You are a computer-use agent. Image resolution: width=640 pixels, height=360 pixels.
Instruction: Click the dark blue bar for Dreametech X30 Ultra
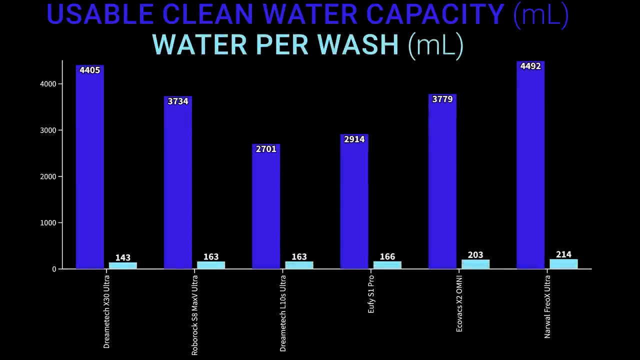coord(90,170)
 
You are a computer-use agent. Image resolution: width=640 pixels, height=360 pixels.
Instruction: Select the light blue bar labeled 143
coord(123,265)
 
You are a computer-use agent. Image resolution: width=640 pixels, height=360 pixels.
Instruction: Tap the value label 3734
coord(178,101)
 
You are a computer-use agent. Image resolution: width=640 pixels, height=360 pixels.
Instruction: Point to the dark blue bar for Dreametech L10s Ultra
coord(266,210)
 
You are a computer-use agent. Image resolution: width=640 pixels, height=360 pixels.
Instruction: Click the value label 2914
coord(354,139)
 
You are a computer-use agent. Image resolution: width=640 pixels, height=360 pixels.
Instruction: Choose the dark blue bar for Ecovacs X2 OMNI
coord(442,185)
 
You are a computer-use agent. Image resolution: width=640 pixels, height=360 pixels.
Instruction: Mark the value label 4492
coord(530,66)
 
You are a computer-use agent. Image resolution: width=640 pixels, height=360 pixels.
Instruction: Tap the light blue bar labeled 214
coord(563,264)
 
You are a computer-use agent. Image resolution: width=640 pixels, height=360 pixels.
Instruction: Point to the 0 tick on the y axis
coord(53,269)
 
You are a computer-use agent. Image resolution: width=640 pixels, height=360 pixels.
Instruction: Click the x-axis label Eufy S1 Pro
coord(371,294)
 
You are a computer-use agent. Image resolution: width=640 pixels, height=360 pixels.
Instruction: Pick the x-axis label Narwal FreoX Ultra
coord(547,306)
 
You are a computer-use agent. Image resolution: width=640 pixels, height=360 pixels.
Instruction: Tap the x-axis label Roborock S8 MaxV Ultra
coord(195,315)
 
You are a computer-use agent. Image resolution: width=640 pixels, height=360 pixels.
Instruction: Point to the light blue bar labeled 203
coord(475,264)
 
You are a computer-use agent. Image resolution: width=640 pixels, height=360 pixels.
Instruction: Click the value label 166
coord(387,257)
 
